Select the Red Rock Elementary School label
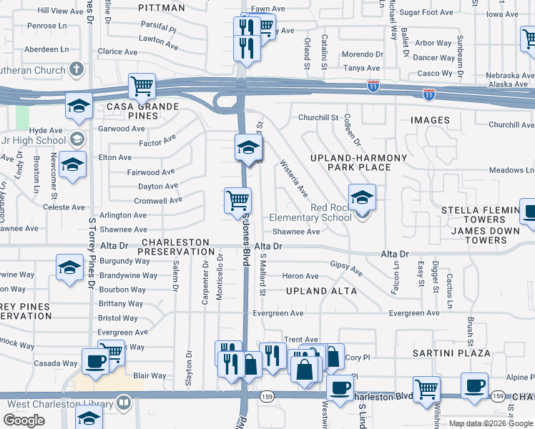pyautogui.click(x=310, y=213)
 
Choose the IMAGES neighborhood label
pyautogui.click(x=429, y=120)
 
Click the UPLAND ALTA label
pyautogui.click(x=321, y=291)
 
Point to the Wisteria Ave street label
pyautogui.click(x=294, y=179)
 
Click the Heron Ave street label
pyautogui.click(x=300, y=276)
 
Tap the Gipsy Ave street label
pyautogui.click(x=346, y=268)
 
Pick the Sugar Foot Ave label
pyautogui.click(x=426, y=13)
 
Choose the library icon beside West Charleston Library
pyautogui.click(x=124, y=403)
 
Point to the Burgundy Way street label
pyautogui.click(x=125, y=261)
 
